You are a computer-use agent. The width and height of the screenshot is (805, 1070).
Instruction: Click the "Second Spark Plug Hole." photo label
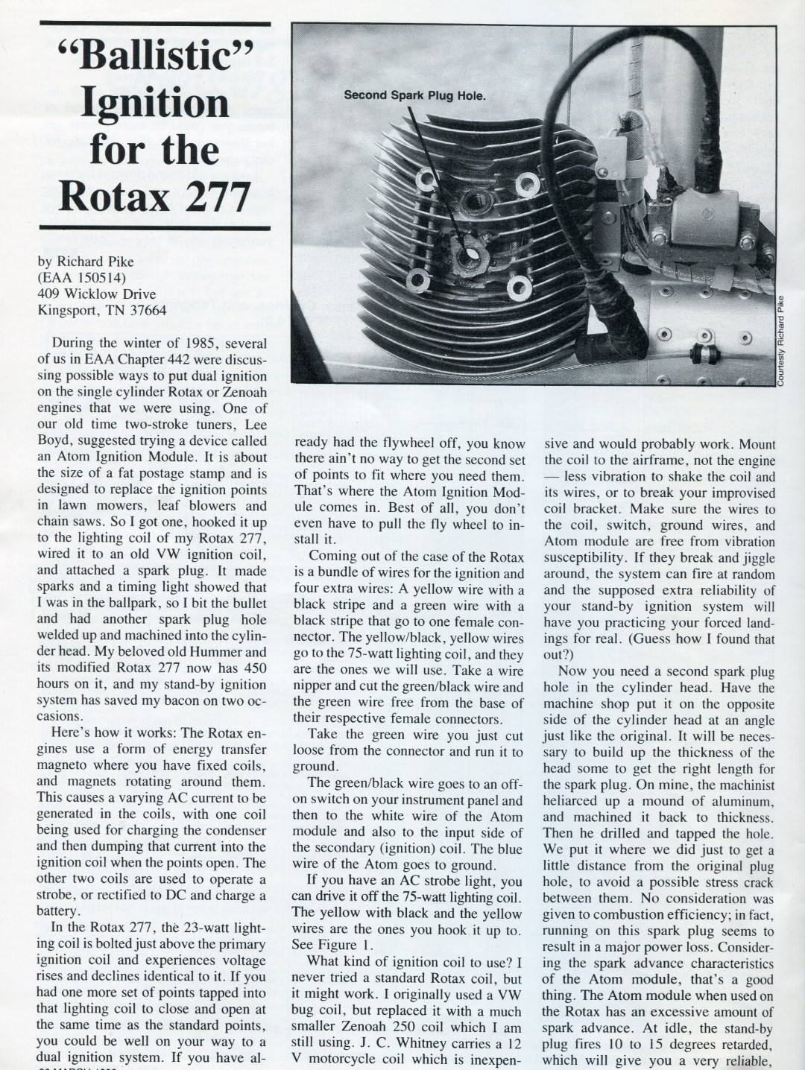414,95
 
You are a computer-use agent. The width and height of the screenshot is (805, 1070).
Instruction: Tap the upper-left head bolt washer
427,178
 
